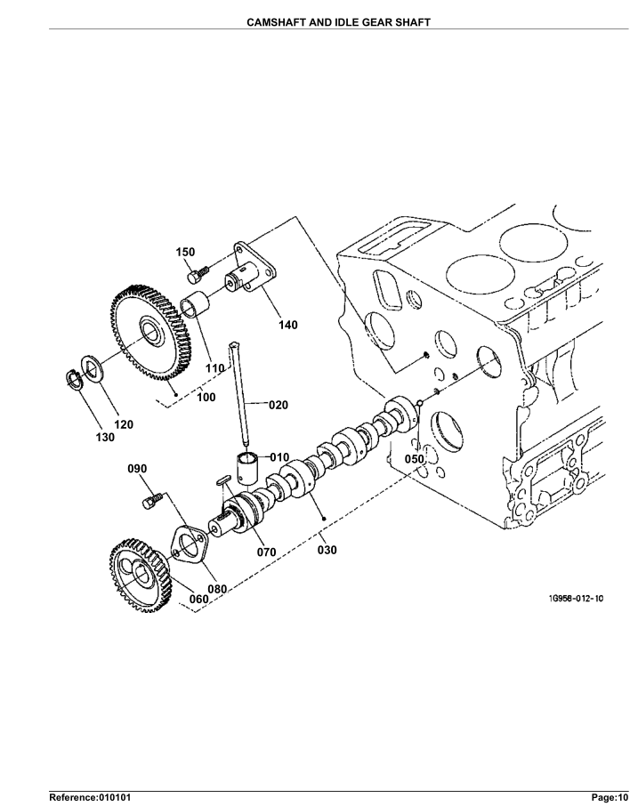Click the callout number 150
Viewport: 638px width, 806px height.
tap(186, 252)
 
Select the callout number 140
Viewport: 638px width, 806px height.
tap(288, 325)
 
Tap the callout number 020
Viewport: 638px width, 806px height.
tap(279, 405)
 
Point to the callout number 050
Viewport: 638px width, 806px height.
tap(415, 459)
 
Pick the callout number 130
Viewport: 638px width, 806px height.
tap(105, 437)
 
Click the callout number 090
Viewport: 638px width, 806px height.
tap(137, 469)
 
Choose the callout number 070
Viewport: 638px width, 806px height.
tap(267, 552)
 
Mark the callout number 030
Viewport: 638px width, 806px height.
tap(327, 550)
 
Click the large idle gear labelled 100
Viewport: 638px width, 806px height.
tap(150, 333)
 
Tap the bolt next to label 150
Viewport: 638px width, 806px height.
tap(198, 274)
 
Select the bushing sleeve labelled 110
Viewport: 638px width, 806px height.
tap(195, 304)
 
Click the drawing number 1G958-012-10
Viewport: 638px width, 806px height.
tap(576, 599)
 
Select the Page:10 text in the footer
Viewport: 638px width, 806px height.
tap(610, 797)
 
